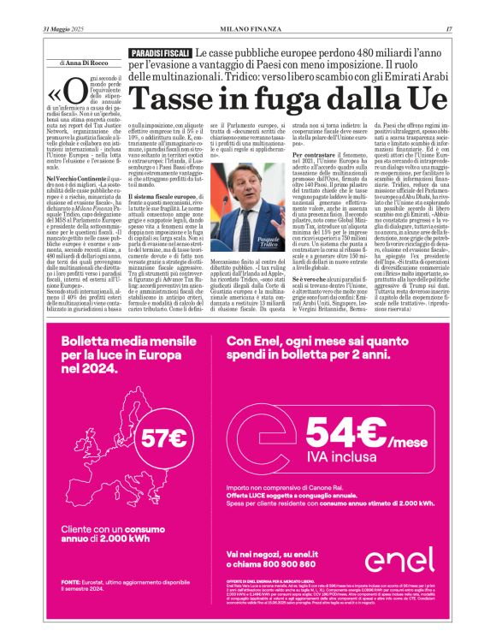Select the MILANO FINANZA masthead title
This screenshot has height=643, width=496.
tap(247, 32)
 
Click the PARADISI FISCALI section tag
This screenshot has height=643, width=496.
tap(160, 54)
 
